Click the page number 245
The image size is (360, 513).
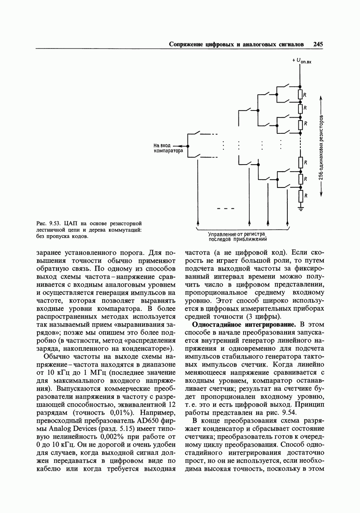318,44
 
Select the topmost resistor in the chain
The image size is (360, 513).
300,94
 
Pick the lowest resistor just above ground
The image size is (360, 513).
300,196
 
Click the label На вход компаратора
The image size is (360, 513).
169,148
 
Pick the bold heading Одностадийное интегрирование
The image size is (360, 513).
244,324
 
